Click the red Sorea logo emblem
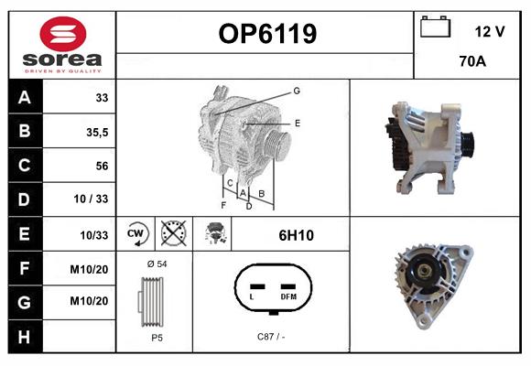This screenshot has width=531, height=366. click(63, 34)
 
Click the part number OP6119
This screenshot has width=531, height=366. click(267, 34)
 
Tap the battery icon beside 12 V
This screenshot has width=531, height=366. click(435, 27)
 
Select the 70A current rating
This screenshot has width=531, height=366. click(472, 61)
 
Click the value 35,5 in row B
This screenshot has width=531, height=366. click(97, 132)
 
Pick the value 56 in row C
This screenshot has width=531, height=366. click(102, 166)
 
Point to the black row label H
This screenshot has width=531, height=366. click(25, 337)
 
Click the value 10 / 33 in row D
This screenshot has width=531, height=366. click(91, 199)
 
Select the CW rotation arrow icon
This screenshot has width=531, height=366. click(135, 233)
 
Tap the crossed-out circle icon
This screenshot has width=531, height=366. click(174, 233)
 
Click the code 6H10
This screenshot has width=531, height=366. click(296, 235)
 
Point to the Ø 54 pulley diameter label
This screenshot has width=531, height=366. click(157, 264)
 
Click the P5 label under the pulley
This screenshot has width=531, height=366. click(157, 338)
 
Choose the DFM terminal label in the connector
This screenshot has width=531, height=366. click(288, 296)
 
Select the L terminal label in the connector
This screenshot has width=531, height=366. click(252, 297)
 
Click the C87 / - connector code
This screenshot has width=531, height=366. click(271, 337)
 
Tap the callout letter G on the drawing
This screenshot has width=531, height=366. click(297, 91)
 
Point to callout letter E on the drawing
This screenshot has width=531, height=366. click(298, 123)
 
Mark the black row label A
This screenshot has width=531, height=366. click(25, 98)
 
